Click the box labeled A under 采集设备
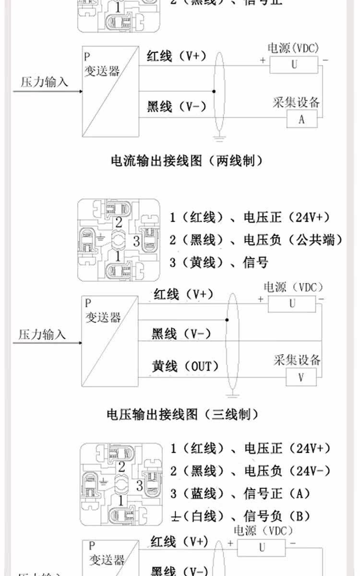tap(301, 119)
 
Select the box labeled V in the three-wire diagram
tap(301, 377)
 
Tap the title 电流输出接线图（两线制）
tap(187, 161)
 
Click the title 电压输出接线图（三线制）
tap(182, 414)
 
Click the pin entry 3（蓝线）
tap(197, 493)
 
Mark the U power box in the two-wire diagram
tap(294, 64)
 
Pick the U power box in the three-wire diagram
tap(292, 303)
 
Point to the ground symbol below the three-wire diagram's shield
tap(232, 395)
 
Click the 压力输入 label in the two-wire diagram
tap(44, 82)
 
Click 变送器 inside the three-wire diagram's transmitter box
tap(103, 317)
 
